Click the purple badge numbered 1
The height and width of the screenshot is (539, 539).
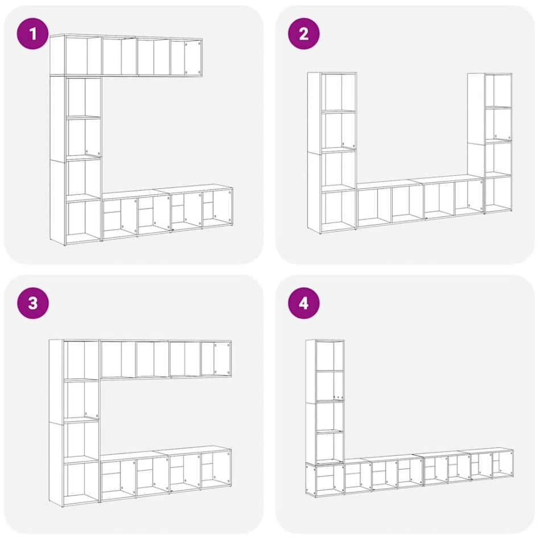click(x=33, y=34)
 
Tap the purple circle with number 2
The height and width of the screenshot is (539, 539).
click(x=303, y=34)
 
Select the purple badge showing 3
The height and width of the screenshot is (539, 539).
click(x=33, y=303)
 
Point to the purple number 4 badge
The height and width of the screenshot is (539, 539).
click(x=303, y=303)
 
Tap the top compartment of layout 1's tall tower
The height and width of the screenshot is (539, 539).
click(x=84, y=96)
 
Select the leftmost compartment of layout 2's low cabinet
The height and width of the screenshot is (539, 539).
click(x=373, y=204)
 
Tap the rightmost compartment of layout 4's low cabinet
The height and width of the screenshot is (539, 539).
click(x=502, y=464)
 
